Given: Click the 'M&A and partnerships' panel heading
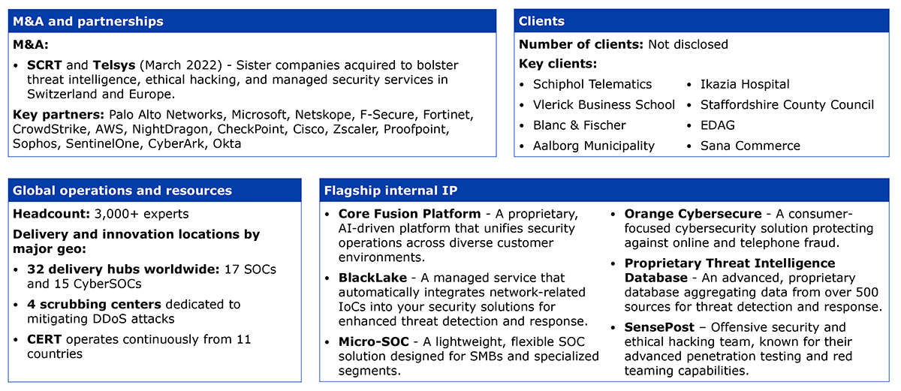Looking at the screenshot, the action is click(x=88, y=21).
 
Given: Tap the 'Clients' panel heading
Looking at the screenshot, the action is click(x=541, y=21).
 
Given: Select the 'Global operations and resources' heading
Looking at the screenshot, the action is click(x=122, y=191).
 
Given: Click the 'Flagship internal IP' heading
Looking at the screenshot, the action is click(x=390, y=191).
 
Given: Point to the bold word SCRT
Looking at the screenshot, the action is click(x=44, y=65).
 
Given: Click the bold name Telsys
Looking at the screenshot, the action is click(x=114, y=65).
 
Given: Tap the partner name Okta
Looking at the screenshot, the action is click(x=227, y=144).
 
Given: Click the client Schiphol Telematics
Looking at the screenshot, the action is click(x=592, y=84).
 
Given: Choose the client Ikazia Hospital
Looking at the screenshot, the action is click(x=745, y=84).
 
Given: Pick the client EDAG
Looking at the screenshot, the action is click(x=717, y=125).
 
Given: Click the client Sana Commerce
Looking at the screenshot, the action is click(x=750, y=146).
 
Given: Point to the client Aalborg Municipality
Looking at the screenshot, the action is click(x=594, y=146).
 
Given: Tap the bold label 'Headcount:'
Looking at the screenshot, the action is click(x=52, y=214).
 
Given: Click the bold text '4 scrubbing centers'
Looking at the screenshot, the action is click(x=94, y=305).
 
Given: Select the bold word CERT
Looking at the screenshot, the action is click(x=44, y=339).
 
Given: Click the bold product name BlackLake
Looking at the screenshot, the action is click(x=372, y=278).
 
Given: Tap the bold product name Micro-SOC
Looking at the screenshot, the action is click(x=374, y=341).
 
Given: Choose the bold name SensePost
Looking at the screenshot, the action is click(x=659, y=327).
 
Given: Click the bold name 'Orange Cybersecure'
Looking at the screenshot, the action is click(x=692, y=214).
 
